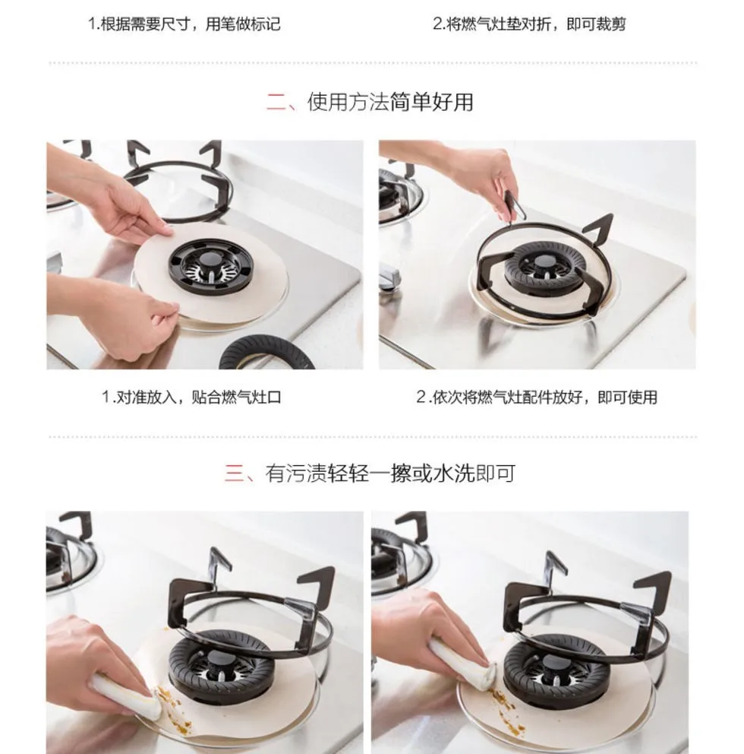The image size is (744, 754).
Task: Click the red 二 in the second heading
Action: (276, 102)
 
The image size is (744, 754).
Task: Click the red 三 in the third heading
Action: (235, 474)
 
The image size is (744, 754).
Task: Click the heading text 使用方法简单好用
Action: (390, 102)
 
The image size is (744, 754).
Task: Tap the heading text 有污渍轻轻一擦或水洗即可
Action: (390, 474)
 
